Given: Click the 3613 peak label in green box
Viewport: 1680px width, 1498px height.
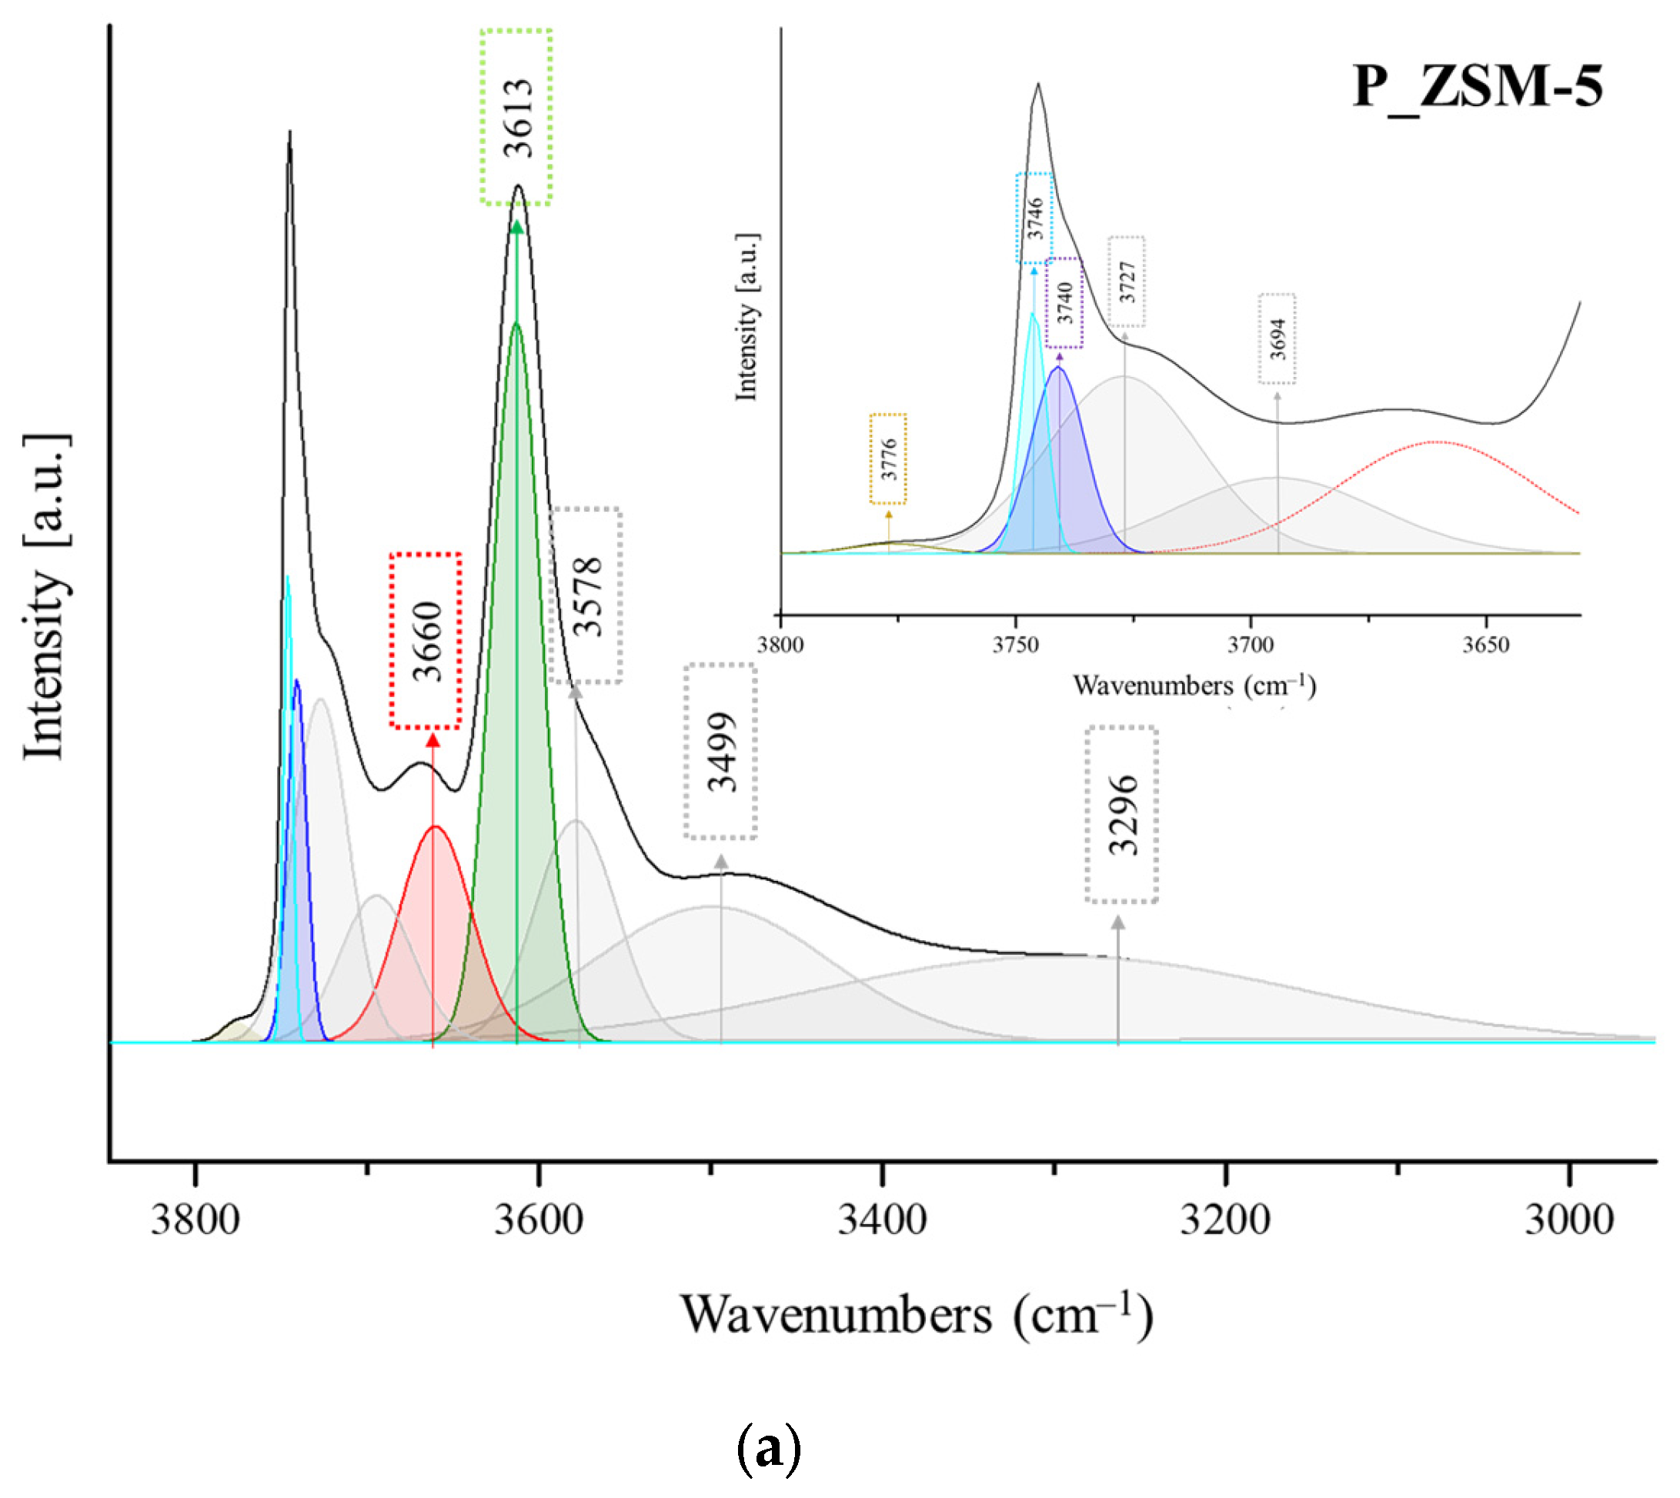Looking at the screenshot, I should tap(516, 117).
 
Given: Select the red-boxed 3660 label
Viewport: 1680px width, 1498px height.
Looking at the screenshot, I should tap(426, 641).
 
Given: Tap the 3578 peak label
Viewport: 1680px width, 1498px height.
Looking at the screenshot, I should tap(586, 596).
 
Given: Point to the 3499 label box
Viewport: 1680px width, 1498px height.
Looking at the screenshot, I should tap(721, 752).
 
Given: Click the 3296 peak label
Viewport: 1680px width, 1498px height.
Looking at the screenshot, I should tap(1122, 815).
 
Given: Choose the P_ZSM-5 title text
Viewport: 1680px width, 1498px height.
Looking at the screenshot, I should tap(1478, 87).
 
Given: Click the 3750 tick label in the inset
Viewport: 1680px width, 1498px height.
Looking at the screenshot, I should tap(1016, 645).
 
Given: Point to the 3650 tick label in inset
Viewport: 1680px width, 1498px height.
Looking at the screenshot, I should tap(1486, 645).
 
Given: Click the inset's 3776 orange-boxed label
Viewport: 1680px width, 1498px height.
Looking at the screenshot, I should tap(888, 459).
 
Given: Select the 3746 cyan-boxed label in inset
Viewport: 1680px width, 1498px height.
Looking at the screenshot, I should tap(1034, 218).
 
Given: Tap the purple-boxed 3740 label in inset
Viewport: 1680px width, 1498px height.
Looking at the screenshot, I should tap(1064, 303).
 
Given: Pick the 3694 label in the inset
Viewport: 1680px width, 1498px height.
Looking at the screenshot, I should tap(1277, 339).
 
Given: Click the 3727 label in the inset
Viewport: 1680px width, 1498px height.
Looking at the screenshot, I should tap(1127, 282).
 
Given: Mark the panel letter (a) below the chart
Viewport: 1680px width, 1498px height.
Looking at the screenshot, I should tap(767, 1449).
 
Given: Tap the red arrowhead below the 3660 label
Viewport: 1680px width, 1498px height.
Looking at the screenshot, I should tap(433, 739).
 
